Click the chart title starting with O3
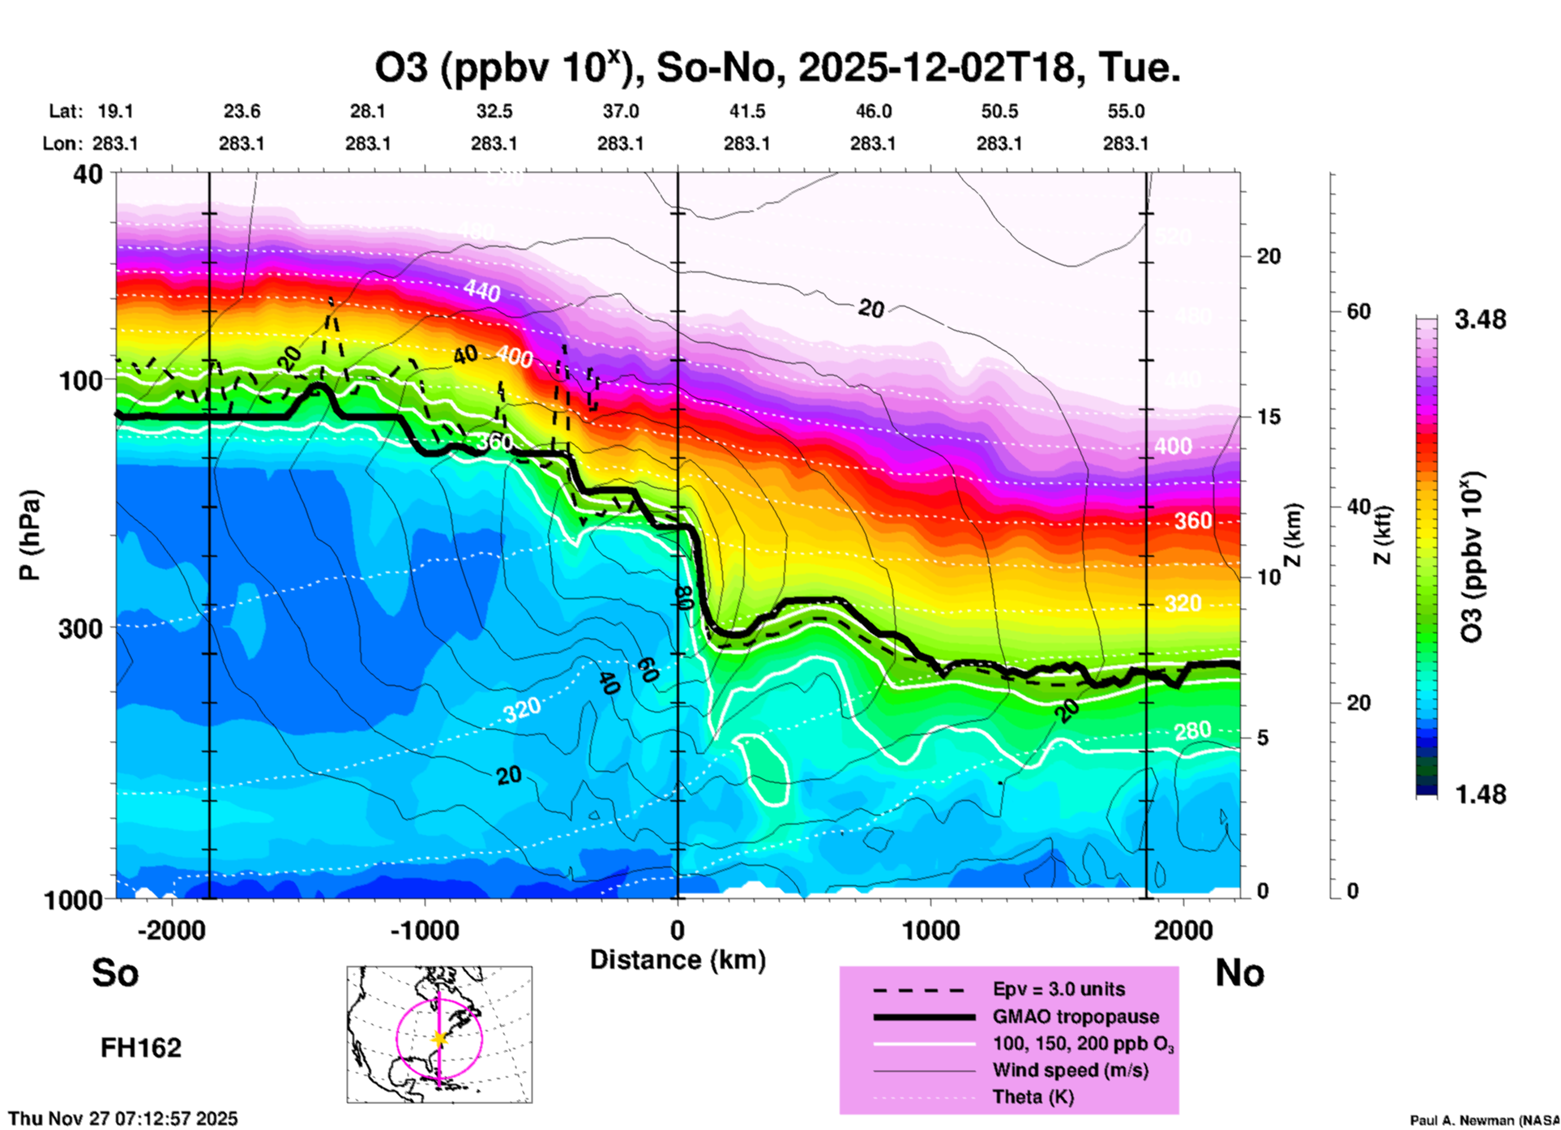(x=776, y=68)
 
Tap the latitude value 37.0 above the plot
(x=620, y=111)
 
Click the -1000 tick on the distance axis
(x=424, y=930)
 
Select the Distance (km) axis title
(x=678, y=960)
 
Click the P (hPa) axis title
(x=30, y=535)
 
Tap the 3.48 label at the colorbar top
(x=1480, y=320)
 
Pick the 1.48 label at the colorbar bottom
(x=1480, y=794)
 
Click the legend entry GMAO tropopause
(x=1076, y=1017)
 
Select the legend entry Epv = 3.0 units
(x=1058, y=989)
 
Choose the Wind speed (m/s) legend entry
(x=1070, y=1070)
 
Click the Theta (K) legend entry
(x=1033, y=1097)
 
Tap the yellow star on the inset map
(x=439, y=1038)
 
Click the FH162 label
(x=141, y=1048)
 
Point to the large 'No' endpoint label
(x=1239, y=973)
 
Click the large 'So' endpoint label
(x=115, y=973)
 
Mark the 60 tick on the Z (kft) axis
(x=1358, y=311)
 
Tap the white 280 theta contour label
(x=1193, y=731)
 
